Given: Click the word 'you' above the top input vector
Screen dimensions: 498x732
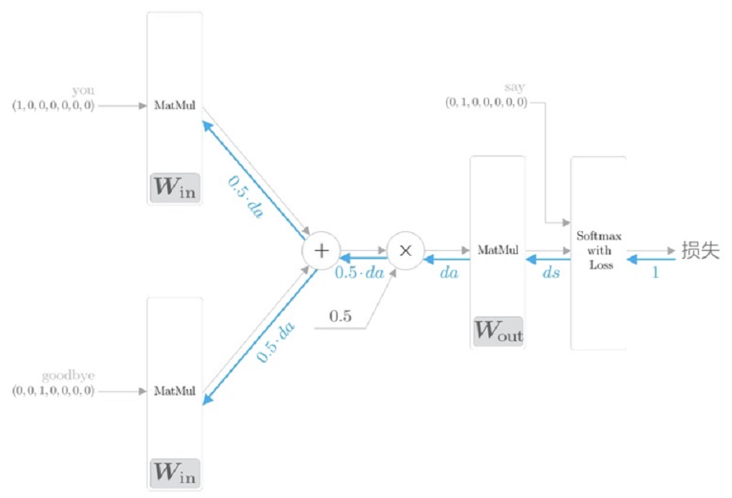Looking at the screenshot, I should [x=83, y=91].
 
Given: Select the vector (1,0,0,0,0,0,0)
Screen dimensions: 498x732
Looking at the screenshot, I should [x=53, y=105].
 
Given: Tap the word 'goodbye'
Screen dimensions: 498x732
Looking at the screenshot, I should [x=68, y=376].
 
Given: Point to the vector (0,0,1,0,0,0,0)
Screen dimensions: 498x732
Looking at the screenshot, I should [x=53, y=391].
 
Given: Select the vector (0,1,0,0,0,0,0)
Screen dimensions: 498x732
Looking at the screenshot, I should [x=486, y=102].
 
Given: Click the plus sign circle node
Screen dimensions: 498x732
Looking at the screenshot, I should [x=320, y=251].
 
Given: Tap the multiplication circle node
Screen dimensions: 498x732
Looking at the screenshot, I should [x=405, y=251].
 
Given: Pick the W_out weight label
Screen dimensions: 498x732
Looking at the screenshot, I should [x=498, y=332].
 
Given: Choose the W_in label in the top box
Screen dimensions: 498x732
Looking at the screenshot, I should [x=174, y=189].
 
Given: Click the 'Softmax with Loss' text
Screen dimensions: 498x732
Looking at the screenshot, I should [x=597, y=250].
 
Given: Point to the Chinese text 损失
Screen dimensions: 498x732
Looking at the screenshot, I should [x=700, y=250].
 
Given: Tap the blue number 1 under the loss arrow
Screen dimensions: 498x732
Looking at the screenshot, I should [x=655, y=273].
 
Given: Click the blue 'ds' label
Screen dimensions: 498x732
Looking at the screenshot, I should [x=551, y=273].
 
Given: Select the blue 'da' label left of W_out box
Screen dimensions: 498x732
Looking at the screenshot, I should [x=448, y=273].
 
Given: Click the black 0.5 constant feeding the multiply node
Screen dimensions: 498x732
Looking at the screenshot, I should [x=340, y=317].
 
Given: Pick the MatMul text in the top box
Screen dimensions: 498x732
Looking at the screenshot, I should [x=175, y=105].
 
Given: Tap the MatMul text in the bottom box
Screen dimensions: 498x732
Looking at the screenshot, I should [x=175, y=391].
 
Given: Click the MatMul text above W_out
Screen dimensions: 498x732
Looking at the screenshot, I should [x=498, y=250].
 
